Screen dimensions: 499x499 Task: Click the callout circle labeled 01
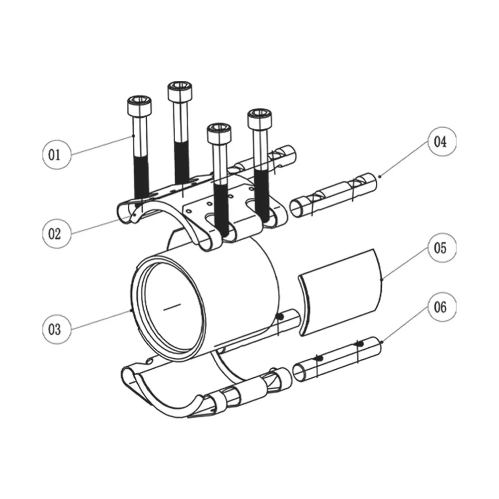57,155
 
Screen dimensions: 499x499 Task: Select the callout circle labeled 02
57,234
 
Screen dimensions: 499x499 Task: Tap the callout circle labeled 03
57,329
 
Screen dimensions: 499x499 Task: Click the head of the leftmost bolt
139,105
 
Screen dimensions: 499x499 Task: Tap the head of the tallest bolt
180,91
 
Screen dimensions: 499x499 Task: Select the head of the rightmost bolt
260,119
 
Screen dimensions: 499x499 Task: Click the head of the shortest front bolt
219,133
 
